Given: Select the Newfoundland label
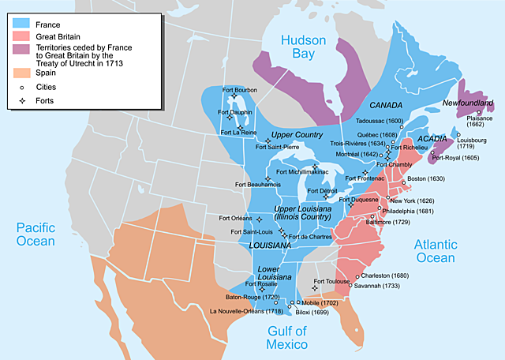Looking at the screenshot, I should click(x=468, y=103).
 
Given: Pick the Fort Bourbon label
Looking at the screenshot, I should click(x=240, y=88).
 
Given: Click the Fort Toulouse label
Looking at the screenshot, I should click(x=331, y=282).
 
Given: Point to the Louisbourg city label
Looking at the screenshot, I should click(x=472, y=144).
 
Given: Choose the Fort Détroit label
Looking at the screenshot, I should click(x=324, y=191).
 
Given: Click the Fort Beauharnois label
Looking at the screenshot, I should click(x=258, y=184).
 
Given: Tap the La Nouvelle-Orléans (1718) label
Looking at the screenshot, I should click(x=245, y=311).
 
